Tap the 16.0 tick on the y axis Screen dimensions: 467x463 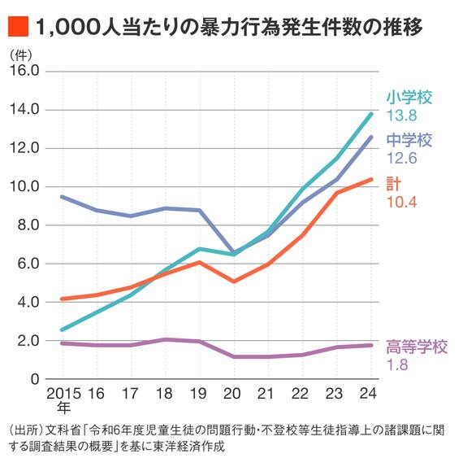[x=24, y=71]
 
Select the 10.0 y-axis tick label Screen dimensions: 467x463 [x=24, y=186]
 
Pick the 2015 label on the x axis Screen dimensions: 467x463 [x=63, y=393]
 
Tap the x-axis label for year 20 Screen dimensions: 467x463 [x=233, y=393]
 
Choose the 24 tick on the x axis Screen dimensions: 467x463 [x=370, y=393]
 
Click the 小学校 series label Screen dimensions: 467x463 [x=409, y=98]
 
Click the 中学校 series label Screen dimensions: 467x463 [x=409, y=140]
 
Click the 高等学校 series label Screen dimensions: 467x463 [x=417, y=347]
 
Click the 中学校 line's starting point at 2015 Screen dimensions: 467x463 [x=63, y=196]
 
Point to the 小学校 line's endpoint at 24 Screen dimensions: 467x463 [x=371, y=113]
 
